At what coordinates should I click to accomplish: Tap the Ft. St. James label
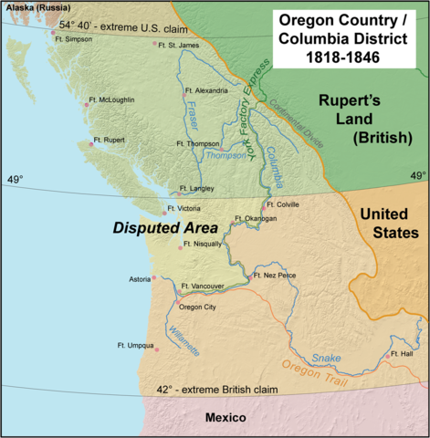pos(178,45)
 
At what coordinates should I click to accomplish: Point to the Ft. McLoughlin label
pos(111,99)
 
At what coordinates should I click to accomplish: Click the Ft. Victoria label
pos(195,208)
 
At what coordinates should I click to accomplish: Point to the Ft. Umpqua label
pos(136,345)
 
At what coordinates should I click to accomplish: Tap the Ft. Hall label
pos(403,353)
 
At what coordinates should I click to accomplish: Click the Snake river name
pos(325,359)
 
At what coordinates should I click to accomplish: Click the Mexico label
pos(225,417)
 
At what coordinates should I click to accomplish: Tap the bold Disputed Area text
pos(164,228)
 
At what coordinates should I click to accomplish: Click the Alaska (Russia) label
pos(35,7)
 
